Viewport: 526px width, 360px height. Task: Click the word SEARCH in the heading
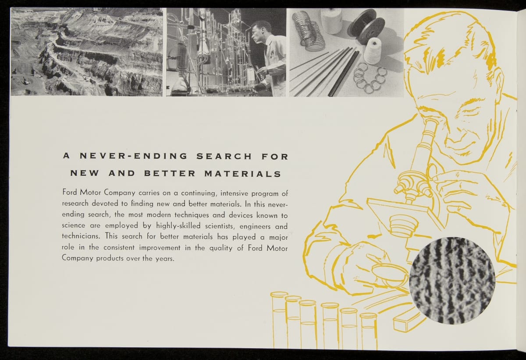point(224,157)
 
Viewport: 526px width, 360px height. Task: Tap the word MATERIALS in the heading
point(243,174)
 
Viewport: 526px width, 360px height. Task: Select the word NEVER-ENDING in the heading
point(134,156)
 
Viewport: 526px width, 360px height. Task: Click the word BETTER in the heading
point(170,174)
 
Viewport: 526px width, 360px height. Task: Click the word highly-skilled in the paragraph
point(178,226)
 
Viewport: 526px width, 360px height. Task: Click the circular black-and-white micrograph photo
point(452,280)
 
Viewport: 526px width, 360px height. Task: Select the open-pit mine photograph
point(87,52)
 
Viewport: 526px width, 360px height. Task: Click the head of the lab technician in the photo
point(260,31)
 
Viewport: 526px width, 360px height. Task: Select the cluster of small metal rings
point(370,78)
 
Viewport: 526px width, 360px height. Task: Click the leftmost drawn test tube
point(279,319)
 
